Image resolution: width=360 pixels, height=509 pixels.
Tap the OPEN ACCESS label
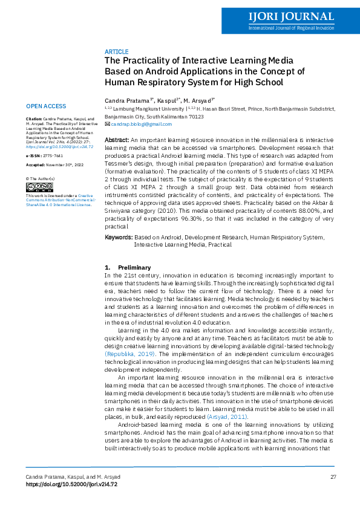coord(47,106)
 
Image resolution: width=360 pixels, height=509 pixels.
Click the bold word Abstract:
coord(117,140)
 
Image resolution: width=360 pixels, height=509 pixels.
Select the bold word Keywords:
coord(119,238)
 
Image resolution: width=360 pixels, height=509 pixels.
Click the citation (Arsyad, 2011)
coord(227,416)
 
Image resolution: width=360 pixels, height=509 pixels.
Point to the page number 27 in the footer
coord(333,478)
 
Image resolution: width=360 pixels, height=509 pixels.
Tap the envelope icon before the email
coord(108,124)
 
